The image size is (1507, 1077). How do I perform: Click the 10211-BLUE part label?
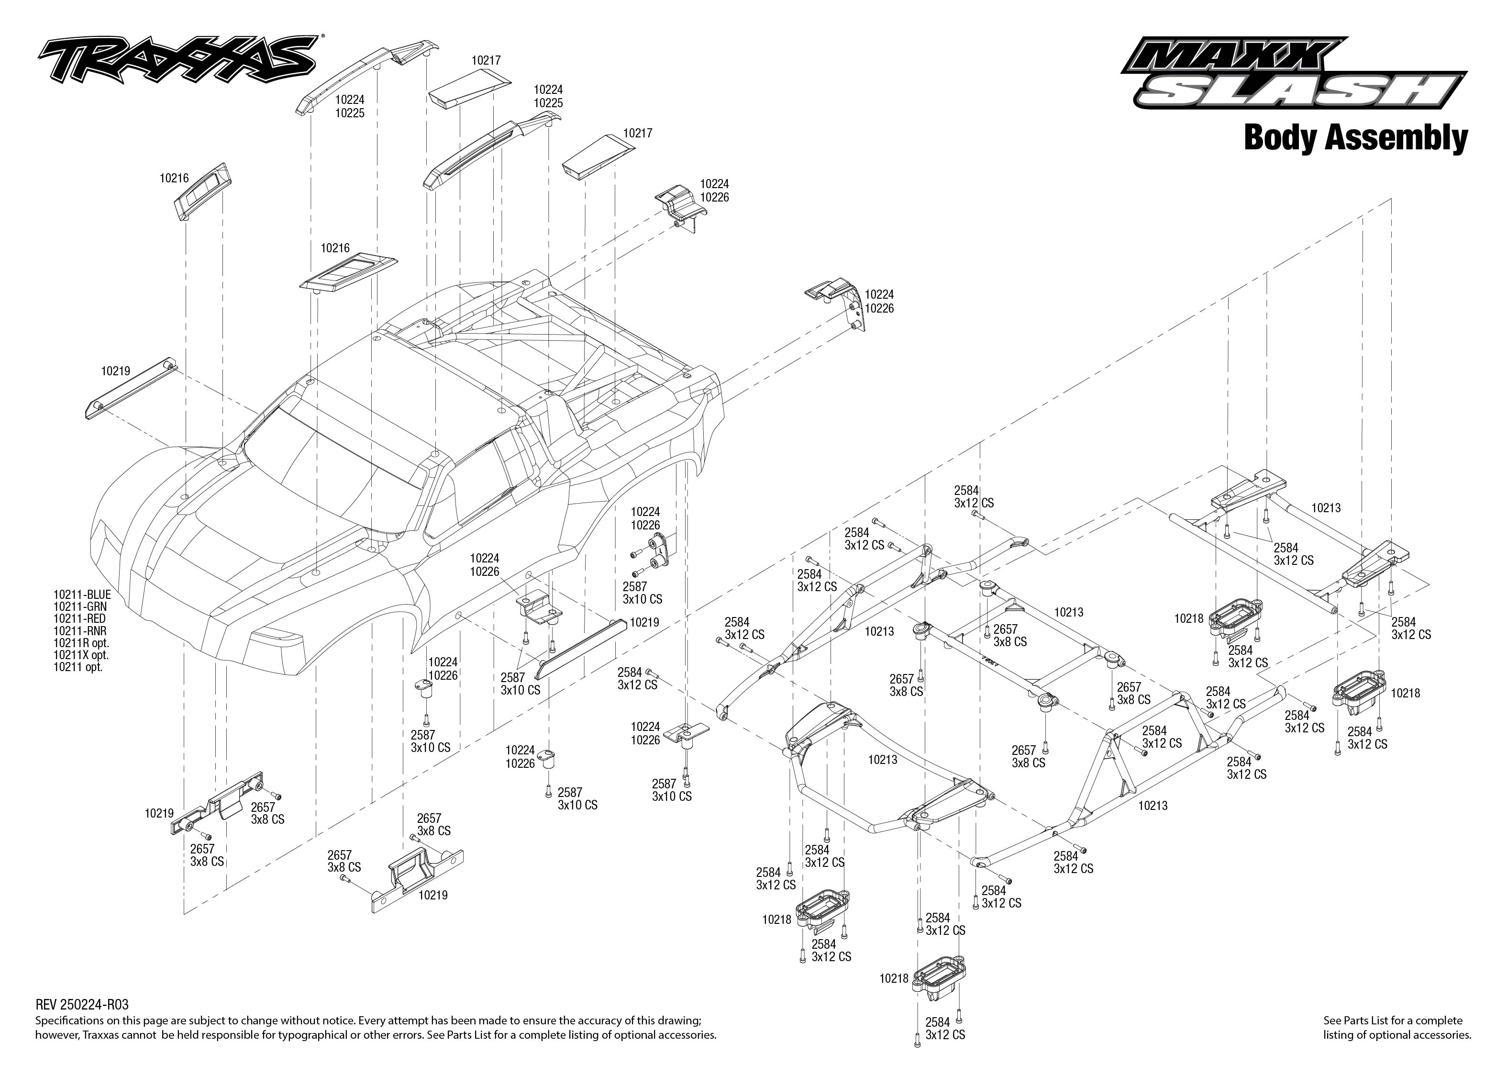82,595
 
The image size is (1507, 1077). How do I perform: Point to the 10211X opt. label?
81,655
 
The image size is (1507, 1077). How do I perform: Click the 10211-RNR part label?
79,631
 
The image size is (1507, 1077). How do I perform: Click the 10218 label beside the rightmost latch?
1405,693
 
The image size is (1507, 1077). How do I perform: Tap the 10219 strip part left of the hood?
129,391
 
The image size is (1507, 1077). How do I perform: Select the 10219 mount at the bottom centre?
418,875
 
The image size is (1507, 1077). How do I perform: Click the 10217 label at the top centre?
486,60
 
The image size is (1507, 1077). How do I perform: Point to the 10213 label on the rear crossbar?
1325,508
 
